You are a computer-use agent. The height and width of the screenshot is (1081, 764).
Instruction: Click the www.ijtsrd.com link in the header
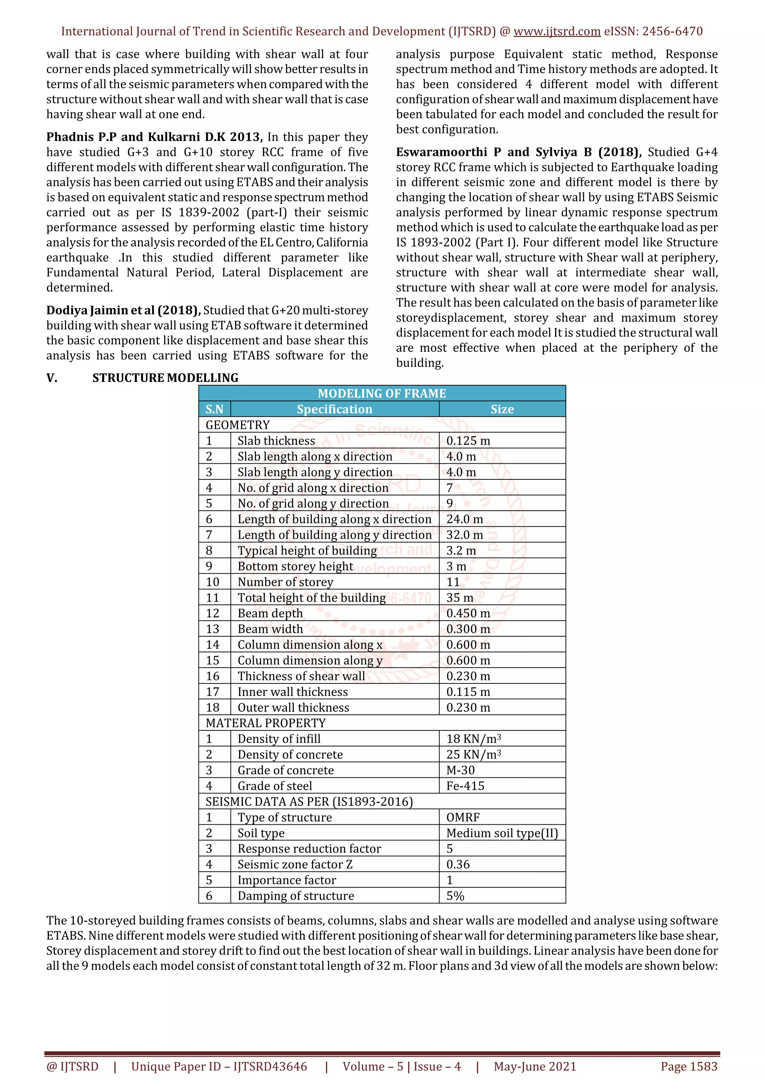[x=557, y=32]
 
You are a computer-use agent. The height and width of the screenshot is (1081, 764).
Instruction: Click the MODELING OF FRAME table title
[x=382, y=393]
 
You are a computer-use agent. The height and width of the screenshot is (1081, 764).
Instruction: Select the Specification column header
[x=334, y=409]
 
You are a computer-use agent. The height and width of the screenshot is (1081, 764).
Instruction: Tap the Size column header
[x=502, y=409]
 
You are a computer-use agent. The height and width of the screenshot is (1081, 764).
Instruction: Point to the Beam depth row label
[x=270, y=613]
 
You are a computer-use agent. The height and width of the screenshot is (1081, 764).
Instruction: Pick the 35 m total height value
[x=460, y=598]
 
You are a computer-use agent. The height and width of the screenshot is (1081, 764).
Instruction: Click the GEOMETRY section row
[x=238, y=424]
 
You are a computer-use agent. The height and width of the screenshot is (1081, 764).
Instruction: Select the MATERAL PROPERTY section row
[x=266, y=723]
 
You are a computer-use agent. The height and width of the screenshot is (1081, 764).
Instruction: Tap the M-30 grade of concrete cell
[x=460, y=770]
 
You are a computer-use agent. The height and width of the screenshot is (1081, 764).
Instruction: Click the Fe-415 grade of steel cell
[x=465, y=786]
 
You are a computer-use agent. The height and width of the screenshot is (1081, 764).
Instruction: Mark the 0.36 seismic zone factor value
[x=458, y=864]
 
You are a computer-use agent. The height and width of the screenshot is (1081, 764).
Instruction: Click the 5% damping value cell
[x=455, y=896]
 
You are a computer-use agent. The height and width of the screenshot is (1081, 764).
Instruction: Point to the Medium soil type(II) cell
[x=502, y=833]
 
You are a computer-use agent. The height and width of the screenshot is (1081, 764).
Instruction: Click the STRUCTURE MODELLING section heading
[x=165, y=377]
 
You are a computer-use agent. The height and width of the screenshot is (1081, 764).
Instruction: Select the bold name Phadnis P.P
[x=81, y=137]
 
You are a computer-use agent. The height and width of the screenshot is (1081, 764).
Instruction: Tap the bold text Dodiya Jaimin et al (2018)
[x=123, y=310]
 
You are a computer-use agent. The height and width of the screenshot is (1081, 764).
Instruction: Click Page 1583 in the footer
[x=689, y=1066]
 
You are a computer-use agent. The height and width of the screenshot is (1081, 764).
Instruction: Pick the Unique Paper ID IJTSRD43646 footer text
[x=219, y=1066]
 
